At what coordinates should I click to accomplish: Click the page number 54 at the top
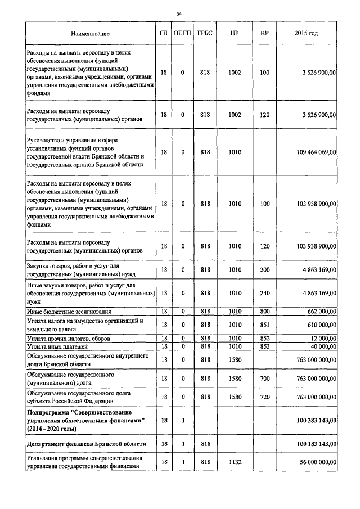tap(179, 13)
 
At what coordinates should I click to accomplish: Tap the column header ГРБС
tap(205, 34)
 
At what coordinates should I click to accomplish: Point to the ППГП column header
tap(182, 34)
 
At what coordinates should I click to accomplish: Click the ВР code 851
tap(264, 325)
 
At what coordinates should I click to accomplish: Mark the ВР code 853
tap(264, 347)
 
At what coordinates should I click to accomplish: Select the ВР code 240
tap(264, 293)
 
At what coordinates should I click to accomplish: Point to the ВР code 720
tap(264, 397)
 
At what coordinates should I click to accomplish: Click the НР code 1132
tap(235, 462)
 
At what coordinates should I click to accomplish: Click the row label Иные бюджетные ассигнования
tap(69, 311)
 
